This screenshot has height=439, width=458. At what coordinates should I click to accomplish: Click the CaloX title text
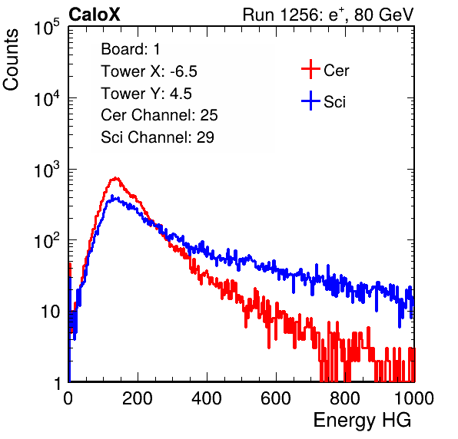[94, 15]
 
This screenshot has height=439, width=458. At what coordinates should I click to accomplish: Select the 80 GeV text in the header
[384, 15]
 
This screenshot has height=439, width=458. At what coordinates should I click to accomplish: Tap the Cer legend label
[336, 71]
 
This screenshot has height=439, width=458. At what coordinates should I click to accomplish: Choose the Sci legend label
[335, 102]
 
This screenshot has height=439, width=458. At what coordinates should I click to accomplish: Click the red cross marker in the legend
[310, 69]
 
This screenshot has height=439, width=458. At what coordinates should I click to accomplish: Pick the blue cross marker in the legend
[310, 101]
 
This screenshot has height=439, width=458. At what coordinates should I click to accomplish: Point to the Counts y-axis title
[11, 60]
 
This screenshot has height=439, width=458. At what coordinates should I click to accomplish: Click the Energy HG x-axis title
[362, 421]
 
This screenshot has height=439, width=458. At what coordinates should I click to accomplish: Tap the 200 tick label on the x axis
[138, 398]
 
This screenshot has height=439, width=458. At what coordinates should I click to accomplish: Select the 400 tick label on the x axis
[207, 398]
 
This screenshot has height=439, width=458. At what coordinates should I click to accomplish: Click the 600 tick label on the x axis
[276, 398]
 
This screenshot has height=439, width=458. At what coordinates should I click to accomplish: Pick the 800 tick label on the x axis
[345, 398]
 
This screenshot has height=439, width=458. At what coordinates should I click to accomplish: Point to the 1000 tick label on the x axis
[414, 398]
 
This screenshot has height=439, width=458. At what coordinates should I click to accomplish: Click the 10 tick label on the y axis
[51, 312]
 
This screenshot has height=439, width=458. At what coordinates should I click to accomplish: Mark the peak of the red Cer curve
[116, 177]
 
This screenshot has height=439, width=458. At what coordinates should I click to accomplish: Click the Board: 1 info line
[131, 49]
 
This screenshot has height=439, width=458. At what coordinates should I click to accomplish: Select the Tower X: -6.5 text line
[149, 71]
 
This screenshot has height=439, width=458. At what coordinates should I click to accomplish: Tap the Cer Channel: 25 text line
[159, 115]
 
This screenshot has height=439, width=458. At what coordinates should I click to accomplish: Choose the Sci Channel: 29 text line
[158, 137]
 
